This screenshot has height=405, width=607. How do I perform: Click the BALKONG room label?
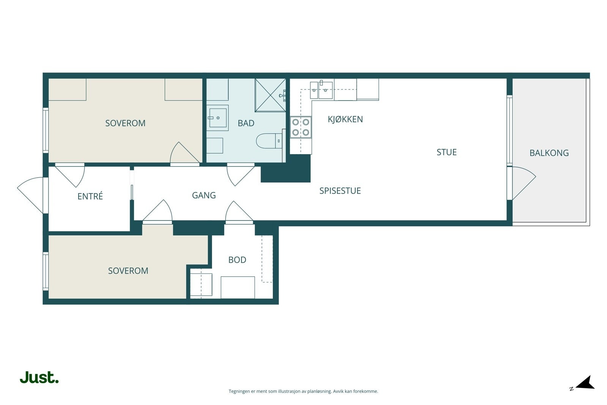tap(549, 153)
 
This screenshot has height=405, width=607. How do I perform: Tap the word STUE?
tap(447, 152)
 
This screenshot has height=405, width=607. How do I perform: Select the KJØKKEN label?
tap(345, 119)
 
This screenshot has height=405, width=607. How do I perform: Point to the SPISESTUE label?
tap(340, 191)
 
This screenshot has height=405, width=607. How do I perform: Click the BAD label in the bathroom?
tap(246, 123)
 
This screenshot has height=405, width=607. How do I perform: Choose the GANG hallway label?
tap(204, 195)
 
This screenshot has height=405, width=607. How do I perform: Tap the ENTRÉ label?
tap(90, 196)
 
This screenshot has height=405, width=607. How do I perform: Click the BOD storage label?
tap(237, 260)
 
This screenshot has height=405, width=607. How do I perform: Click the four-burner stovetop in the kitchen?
tap(301, 127)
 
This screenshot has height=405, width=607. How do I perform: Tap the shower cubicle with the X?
tap(270, 95)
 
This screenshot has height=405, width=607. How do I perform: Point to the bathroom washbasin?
tap(217, 118)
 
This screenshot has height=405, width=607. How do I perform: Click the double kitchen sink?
tap(321, 90)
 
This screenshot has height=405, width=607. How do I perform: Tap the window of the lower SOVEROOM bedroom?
tap(46, 271)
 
